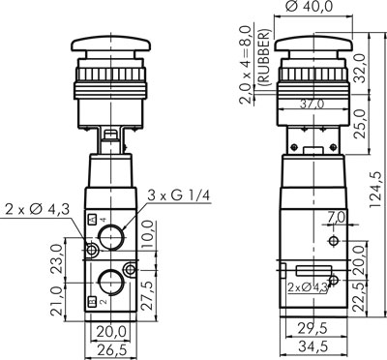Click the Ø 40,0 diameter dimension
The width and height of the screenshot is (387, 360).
309,7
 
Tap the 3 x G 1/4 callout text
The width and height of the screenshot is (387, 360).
178,195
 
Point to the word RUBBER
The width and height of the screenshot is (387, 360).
265,57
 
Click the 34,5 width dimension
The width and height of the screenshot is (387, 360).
313,346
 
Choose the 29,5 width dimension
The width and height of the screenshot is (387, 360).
313,328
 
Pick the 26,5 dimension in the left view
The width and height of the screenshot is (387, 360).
110,349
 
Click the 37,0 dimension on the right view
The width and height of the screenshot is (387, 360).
312,105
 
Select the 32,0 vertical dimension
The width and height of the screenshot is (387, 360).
360,69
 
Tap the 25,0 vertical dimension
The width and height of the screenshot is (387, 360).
361,124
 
